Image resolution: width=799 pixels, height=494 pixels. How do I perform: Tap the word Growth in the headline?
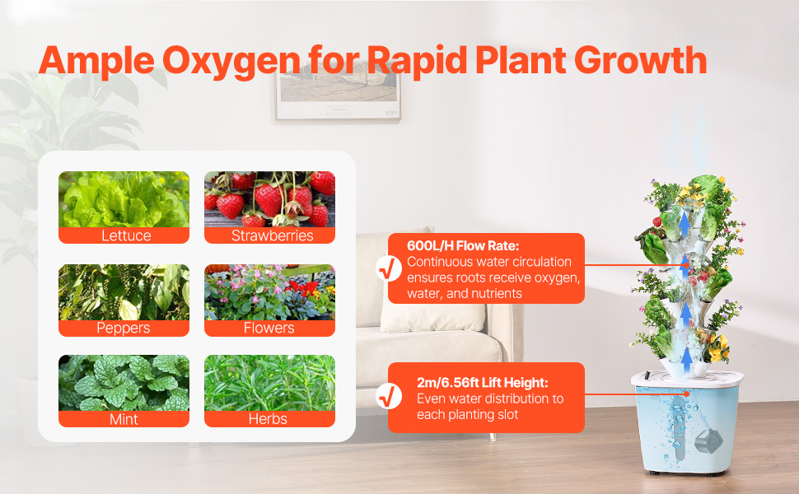[641, 60]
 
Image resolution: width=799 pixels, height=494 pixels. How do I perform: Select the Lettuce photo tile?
[124, 199]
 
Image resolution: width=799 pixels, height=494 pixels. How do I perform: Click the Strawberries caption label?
[272, 235]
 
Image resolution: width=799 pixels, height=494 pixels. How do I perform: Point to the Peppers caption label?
[124, 328]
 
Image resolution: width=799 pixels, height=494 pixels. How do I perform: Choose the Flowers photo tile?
[269, 292]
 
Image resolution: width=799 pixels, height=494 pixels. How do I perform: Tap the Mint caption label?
[124, 419]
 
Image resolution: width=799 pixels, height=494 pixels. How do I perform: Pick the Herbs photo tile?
[269, 383]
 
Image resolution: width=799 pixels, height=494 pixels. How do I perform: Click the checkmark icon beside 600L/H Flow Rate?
[389, 268]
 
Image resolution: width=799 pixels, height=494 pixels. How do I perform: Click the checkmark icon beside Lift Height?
[389, 396]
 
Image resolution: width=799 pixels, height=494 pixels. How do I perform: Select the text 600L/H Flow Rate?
[463, 245]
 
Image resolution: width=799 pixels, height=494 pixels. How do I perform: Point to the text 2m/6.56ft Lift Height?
[482, 383]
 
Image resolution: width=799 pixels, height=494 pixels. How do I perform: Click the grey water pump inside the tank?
[708, 440]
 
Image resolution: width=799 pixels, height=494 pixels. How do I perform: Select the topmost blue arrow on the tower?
[685, 224]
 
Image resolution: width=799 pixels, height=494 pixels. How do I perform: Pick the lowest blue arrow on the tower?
[686, 359]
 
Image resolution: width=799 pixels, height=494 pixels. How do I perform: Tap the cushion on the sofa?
[433, 316]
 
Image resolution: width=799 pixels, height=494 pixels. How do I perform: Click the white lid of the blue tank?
[686, 379]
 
